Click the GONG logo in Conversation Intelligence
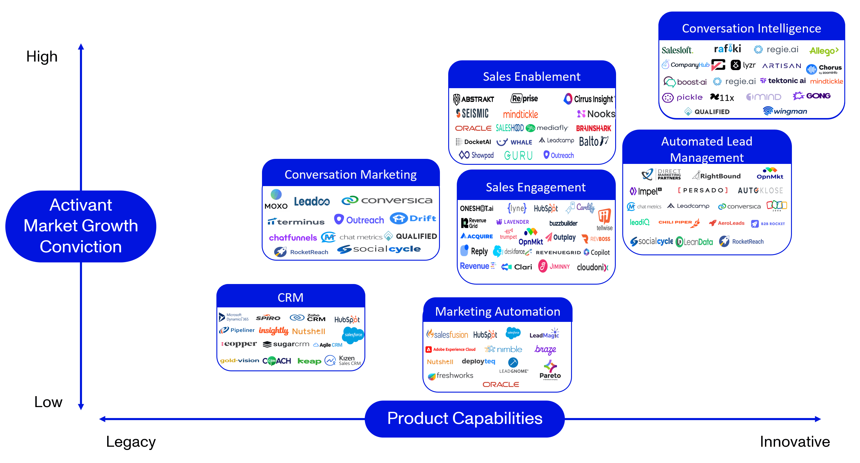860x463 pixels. tap(811, 96)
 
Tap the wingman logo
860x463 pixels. tap(785, 111)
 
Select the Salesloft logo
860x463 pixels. tap(677, 50)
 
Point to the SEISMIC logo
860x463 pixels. tap(472, 114)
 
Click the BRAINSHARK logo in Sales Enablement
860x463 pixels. tap(593, 128)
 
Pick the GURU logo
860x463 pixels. tap(518, 155)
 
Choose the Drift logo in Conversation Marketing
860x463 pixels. tap(413, 219)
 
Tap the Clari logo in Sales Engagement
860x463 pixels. tap(517, 267)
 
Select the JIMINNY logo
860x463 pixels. tap(554, 267)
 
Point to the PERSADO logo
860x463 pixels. tap(703, 191)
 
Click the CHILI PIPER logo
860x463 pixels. tap(679, 222)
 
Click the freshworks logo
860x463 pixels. tap(450, 376)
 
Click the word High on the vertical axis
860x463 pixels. tap(42, 57)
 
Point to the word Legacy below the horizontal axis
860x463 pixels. tap(131, 442)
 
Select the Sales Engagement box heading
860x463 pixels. tap(536, 187)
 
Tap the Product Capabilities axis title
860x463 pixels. tap(464, 418)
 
